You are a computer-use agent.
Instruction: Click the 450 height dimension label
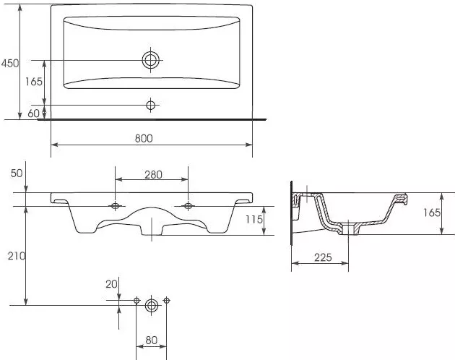10,63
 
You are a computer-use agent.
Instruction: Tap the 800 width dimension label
144,138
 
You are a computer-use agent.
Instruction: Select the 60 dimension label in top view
33,113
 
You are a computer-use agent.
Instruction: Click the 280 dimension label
153,175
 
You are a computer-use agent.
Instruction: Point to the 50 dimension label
16,173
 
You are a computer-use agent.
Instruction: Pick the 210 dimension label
17,256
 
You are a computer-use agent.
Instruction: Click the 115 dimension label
254,219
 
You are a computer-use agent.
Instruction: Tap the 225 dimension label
323,257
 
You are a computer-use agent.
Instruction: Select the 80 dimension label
151,340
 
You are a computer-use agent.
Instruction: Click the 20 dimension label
111,284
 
